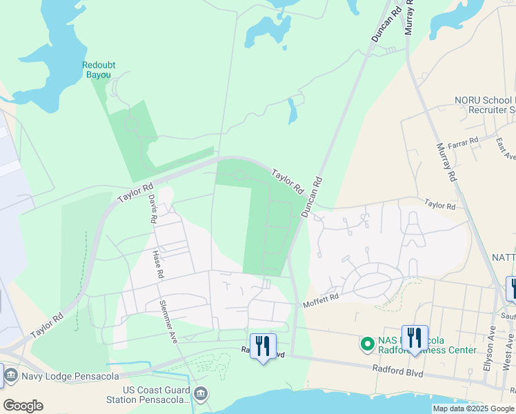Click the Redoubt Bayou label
99,69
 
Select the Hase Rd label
159,264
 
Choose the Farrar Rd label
463,141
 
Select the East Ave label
505,148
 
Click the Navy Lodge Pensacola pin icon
11,376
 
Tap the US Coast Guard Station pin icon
201,394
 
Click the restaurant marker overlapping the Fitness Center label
415,337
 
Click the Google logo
23,406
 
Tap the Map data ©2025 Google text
473,408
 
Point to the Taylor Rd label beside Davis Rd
135,192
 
